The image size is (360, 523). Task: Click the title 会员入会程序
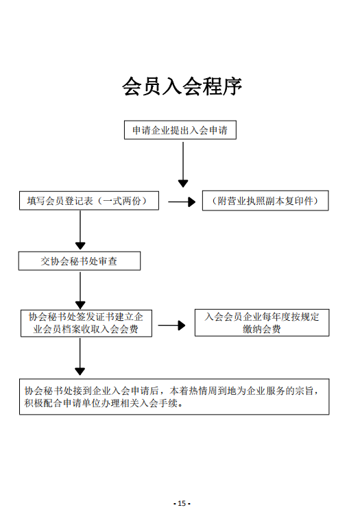(x=182, y=86)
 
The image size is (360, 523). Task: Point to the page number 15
(x=182, y=503)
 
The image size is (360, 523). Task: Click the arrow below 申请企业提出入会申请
(x=183, y=165)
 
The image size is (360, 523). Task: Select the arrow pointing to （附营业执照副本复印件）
(x=182, y=202)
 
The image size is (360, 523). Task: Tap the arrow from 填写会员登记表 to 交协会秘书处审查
(x=80, y=230)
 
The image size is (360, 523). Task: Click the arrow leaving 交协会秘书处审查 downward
(x=80, y=291)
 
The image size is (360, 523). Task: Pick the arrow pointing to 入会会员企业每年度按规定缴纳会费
(x=172, y=325)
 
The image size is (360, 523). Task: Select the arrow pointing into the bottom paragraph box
(x=80, y=356)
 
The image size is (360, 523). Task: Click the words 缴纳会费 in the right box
(x=262, y=329)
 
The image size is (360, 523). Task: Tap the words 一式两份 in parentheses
(x=122, y=201)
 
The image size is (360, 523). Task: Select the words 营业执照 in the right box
(x=237, y=201)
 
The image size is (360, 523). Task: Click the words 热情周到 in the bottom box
(x=208, y=391)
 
